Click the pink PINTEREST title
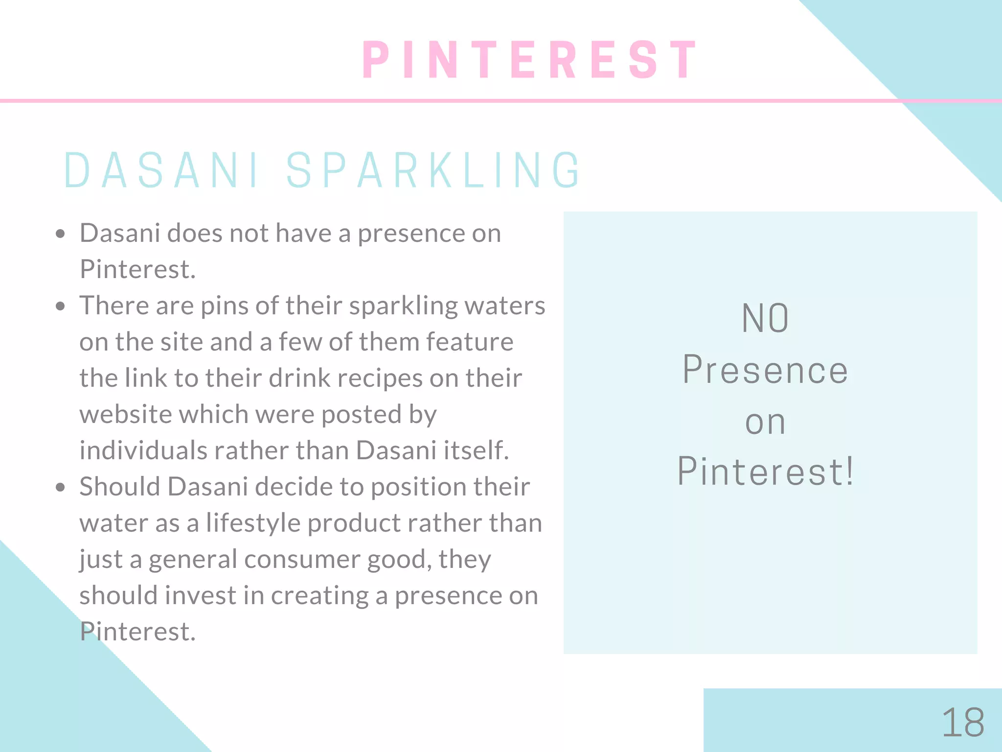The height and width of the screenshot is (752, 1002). point(530,60)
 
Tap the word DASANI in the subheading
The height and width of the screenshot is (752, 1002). point(161,170)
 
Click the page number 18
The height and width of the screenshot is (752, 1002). point(962,723)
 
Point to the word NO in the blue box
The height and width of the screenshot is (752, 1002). point(765,319)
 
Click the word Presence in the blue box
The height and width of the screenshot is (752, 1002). point(765,370)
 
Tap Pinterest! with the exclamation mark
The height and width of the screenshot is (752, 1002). point(765,471)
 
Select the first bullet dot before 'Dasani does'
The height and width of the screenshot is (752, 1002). point(60,234)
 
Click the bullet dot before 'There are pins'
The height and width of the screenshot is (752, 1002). point(60,306)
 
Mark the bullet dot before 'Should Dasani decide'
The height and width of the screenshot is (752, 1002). point(60,488)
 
